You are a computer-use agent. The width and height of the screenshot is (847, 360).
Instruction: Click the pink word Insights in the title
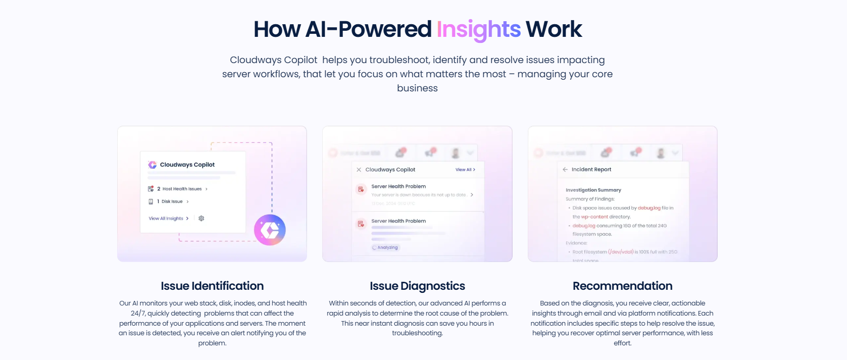[x=478, y=29]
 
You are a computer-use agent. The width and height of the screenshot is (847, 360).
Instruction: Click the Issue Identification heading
[x=212, y=286]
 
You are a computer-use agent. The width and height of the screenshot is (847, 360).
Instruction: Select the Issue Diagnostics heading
[x=417, y=286]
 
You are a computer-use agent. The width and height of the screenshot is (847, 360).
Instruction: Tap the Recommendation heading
[x=622, y=286]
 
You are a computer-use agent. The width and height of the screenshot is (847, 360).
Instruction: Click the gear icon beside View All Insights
[x=202, y=219]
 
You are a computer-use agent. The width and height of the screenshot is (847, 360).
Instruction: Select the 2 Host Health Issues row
[x=181, y=189]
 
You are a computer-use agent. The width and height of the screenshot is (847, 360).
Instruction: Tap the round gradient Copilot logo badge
[x=270, y=230]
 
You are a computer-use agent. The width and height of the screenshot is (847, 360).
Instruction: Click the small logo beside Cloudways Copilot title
[x=152, y=165]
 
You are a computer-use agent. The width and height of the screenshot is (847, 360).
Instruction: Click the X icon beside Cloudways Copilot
[x=359, y=170]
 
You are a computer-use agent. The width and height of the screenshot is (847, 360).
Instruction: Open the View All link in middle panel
[x=465, y=170]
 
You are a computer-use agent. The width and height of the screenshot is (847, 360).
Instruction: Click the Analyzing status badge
[x=385, y=247]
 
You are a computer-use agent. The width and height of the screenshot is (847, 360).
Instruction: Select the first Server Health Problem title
[x=398, y=186]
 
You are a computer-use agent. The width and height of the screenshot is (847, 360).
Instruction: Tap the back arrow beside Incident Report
[x=565, y=170]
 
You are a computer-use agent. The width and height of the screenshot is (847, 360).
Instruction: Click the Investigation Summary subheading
[x=593, y=190]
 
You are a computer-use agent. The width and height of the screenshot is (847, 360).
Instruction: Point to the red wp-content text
[x=594, y=217]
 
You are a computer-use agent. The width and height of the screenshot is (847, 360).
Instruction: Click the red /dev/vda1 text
[x=621, y=251]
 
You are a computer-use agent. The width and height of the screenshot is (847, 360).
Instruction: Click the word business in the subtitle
[x=417, y=88]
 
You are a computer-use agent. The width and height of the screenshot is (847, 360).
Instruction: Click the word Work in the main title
[x=554, y=29]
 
